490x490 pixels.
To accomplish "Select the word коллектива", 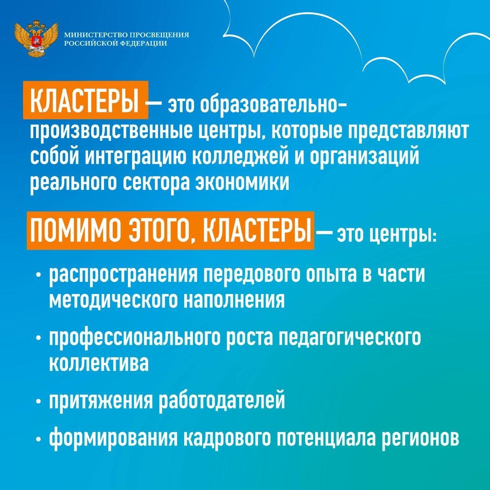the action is click(x=99, y=362).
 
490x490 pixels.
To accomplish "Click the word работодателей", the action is click(x=222, y=401).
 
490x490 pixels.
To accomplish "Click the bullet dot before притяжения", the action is click(x=38, y=402).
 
